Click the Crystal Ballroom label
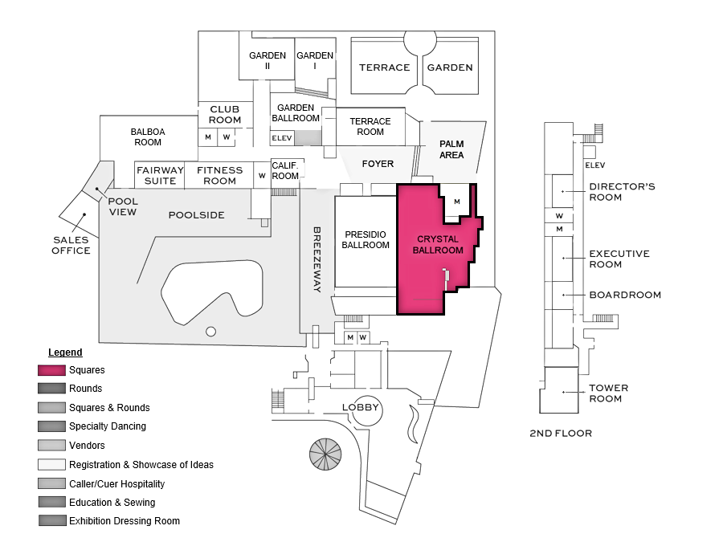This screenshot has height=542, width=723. (438, 245)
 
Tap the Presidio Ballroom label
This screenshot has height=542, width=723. (366, 239)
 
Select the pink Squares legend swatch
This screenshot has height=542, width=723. (51, 370)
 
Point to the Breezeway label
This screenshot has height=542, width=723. (317, 259)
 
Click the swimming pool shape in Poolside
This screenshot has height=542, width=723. (212, 291)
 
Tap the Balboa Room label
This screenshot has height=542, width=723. (148, 137)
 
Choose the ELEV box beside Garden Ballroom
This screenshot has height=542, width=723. (282, 138)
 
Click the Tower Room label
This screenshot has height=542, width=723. (608, 393)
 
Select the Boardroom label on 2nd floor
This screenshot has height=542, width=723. (625, 295)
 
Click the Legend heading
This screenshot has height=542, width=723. (65, 353)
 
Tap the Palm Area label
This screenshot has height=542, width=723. (451, 149)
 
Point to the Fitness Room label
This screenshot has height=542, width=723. (219, 176)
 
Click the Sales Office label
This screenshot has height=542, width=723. (71, 245)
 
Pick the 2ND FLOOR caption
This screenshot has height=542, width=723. (561, 434)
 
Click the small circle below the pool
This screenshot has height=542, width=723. (210, 332)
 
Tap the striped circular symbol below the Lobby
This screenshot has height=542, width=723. (325, 454)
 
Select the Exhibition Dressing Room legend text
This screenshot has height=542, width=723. (125, 521)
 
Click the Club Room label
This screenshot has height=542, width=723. (225, 114)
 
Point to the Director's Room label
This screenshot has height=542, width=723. (622, 192)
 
